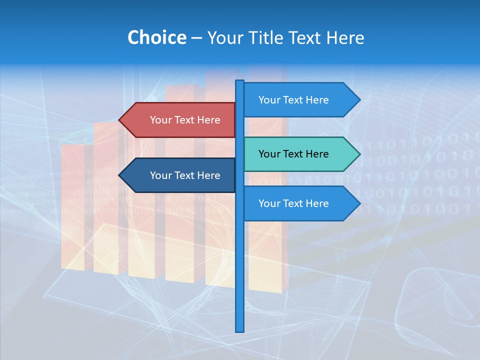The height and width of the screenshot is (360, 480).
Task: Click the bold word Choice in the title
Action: coord(156,38)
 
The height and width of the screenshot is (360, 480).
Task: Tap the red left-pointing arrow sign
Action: coord(185,120)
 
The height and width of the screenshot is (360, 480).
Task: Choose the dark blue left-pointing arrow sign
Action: coord(185,175)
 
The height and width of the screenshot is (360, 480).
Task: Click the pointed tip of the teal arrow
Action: coord(359,154)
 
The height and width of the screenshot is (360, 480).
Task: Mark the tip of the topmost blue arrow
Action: coord(359,100)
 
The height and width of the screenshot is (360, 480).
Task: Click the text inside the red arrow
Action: coord(185,120)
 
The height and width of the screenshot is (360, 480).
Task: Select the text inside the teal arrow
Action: coord(293,154)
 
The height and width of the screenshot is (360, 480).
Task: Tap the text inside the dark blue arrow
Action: coord(185,175)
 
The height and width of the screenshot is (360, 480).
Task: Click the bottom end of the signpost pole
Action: coord(240,330)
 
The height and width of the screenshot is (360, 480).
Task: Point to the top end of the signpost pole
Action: coord(240,82)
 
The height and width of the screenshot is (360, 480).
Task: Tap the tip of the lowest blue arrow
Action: coord(359,203)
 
